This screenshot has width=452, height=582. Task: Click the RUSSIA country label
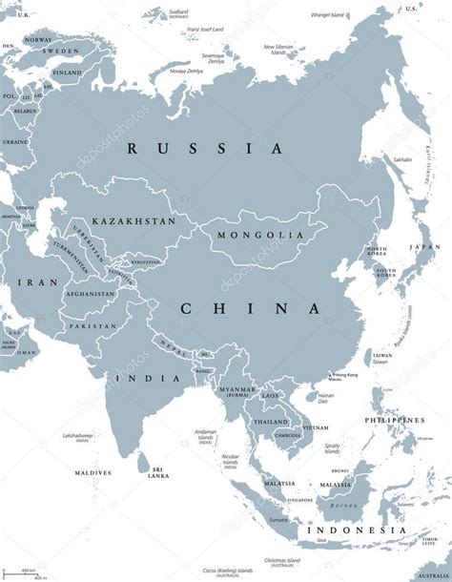(x=205, y=149)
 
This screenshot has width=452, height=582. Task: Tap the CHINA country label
(x=250, y=308)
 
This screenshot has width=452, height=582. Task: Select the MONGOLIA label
(x=248, y=235)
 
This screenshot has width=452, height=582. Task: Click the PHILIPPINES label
(x=393, y=420)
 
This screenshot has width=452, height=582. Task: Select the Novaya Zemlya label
(x=162, y=72)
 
